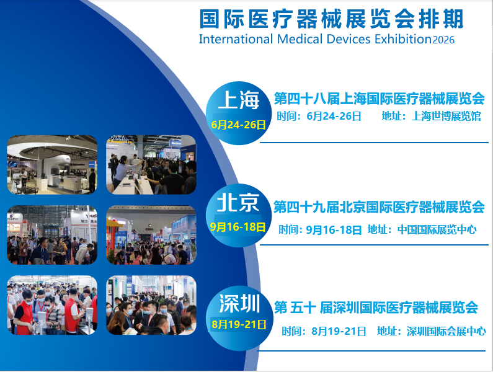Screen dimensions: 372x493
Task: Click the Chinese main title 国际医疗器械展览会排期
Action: click(x=331, y=19)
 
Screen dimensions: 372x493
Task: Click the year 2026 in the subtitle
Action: click(x=443, y=40)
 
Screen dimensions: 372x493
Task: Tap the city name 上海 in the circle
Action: click(x=239, y=100)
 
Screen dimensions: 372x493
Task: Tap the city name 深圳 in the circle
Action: click(x=239, y=303)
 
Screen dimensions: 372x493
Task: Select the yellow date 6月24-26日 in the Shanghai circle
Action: click(x=239, y=125)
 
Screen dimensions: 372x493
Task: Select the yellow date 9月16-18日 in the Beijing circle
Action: click(x=238, y=227)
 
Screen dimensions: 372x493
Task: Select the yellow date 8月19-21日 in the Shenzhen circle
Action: click(x=239, y=324)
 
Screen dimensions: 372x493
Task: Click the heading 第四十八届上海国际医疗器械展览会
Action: click(x=379, y=99)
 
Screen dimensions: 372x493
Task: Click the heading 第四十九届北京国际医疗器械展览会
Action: click(x=379, y=207)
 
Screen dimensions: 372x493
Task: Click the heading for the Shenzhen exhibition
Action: click(x=376, y=307)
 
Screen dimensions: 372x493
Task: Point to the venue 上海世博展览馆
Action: click(x=446, y=117)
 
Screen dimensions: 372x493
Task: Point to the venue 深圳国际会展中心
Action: click(x=446, y=331)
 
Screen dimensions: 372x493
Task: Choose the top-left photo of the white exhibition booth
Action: click(x=52, y=165)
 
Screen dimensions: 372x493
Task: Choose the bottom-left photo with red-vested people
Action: click(x=52, y=305)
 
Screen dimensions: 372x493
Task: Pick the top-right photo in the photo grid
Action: click(x=151, y=165)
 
